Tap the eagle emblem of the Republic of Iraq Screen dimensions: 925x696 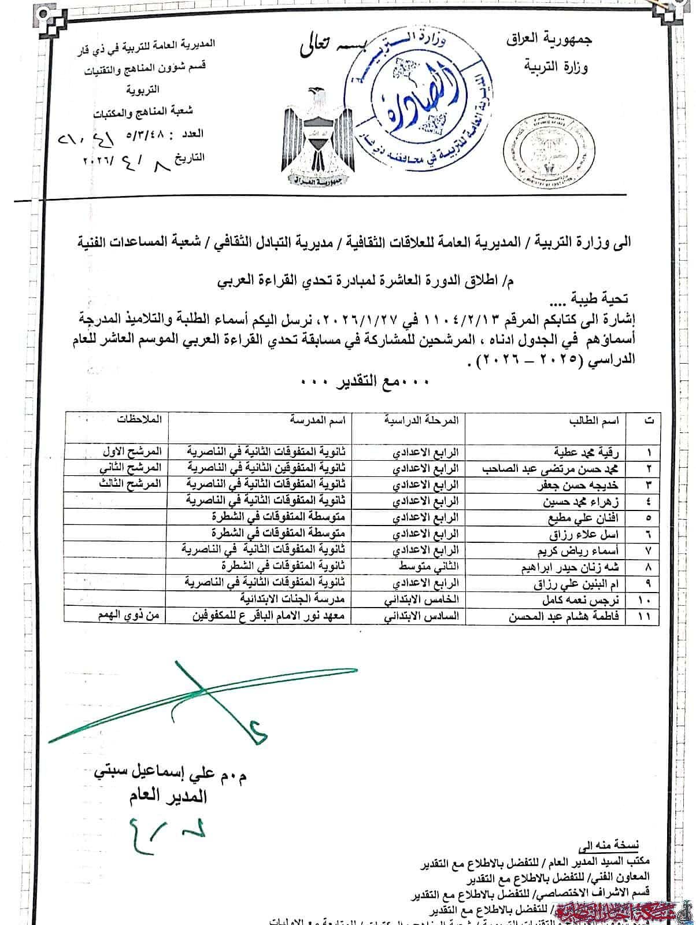[316, 136]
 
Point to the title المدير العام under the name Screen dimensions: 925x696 [168, 796]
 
